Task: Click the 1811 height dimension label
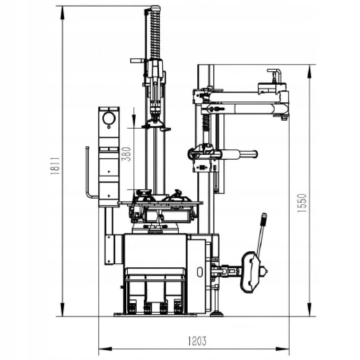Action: click(55, 166)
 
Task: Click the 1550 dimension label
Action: click(301, 202)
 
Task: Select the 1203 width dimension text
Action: click(197, 341)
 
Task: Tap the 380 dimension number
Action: click(126, 154)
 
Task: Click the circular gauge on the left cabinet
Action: click(109, 118)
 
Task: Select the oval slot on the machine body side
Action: click(200, 272)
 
